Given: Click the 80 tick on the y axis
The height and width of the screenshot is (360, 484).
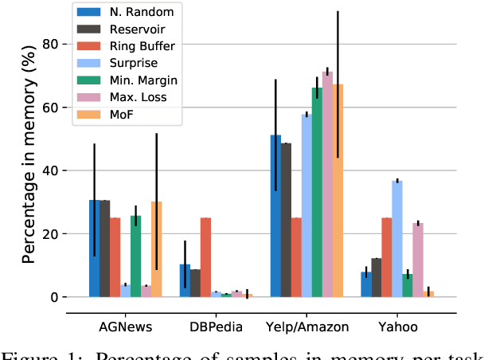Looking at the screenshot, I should click(x=52, y=45).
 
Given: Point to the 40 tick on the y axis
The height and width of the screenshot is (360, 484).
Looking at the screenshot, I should click(x=52, y=170).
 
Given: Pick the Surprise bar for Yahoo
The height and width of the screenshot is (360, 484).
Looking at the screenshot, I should click(x=397, y=239).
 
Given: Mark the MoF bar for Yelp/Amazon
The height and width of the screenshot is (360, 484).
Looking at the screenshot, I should click(x=338, y=190).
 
